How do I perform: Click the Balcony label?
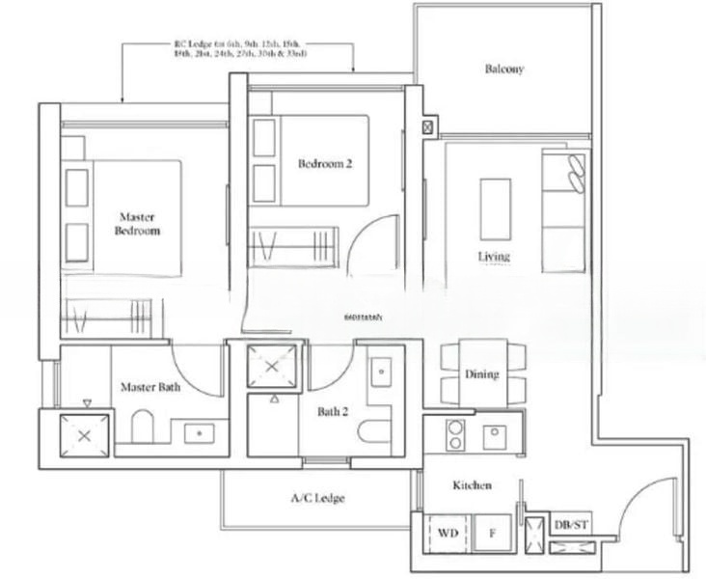coord(503,69)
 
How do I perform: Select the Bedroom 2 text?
coord(325,165)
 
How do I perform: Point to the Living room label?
coord(493,257)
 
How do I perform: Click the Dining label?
coord(481,374)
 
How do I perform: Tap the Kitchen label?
coord(472,485)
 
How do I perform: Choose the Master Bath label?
coord(149,387)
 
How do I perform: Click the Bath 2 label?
coord(333,412)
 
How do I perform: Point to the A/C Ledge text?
coord(317,499)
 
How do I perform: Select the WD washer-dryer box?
coord(448,532)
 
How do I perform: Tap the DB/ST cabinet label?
coord(567,526)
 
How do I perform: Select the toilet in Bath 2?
coord(377,427)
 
